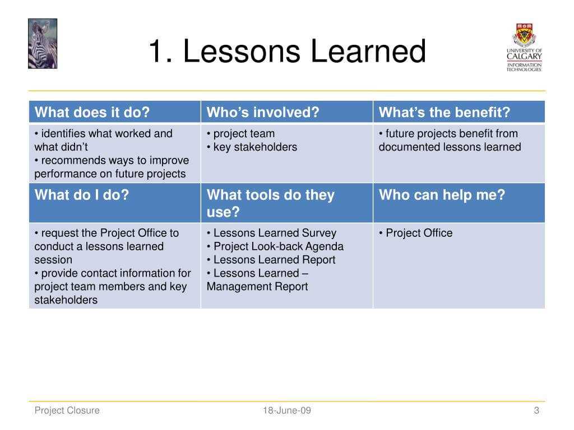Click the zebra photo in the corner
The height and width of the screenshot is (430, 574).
(x=43, y=44)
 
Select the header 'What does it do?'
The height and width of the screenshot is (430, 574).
(x=92, y=112)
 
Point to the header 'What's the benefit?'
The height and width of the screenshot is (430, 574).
(x=444, y=112)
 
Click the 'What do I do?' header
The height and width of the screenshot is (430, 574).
(x=82, y=194)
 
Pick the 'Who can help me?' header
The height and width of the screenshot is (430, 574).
(x=442, y=194)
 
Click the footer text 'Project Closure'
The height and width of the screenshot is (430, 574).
(x=67, y=410)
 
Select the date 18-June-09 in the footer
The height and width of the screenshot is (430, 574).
(x=287, y=410)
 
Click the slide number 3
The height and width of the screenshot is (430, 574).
(x=536, y=410)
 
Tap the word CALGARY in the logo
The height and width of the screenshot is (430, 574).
(x=524, y=57)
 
